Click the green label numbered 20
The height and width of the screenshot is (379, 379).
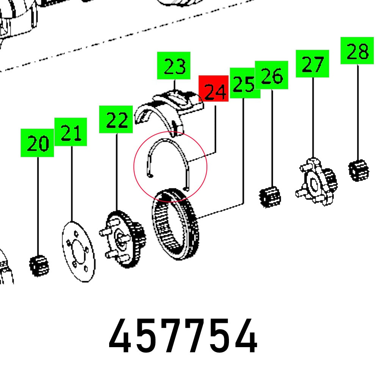pos(37,143)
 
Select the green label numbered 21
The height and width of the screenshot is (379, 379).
pos(70,132)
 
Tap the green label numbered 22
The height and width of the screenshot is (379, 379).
pos(116,119)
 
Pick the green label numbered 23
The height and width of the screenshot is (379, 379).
pos(174,66)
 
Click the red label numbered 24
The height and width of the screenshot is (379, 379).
pos(213,88)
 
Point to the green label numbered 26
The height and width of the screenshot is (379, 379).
pos(272,75)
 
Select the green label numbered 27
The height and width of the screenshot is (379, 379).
pos(312,64)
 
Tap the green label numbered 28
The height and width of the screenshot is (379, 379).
pos(357,51)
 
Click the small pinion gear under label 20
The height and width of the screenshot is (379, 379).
pos(39,266)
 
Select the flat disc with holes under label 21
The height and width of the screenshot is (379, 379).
pos(78,252)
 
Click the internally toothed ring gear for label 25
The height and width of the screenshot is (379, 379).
pos(175,224)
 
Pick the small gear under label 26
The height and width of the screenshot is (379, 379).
pos(270,197)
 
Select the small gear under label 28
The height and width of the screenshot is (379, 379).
pos(359,170)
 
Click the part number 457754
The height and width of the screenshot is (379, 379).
pos(183,336)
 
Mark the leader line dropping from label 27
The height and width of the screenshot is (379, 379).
pos(313,118)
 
